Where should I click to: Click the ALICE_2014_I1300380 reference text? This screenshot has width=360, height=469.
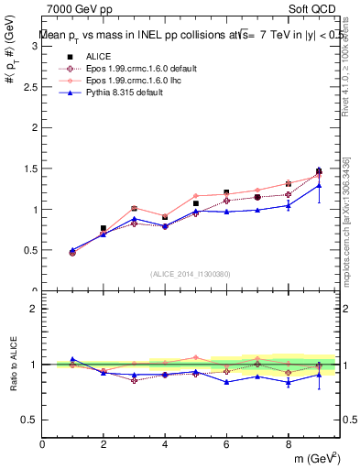(x=191, y=273)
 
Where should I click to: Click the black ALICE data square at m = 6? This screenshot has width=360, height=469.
(x=226, y=192)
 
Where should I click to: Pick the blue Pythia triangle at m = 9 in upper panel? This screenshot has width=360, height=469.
(x=318, y=171)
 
